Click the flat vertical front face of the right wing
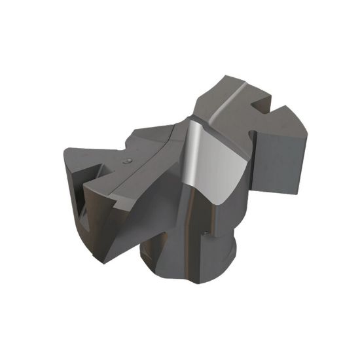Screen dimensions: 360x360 [278, 160]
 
